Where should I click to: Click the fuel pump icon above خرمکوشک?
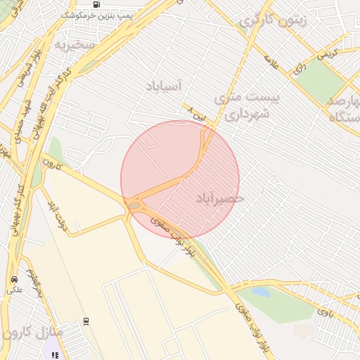(96, 4)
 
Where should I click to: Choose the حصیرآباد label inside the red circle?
(219, 199)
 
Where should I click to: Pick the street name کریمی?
(326, 53)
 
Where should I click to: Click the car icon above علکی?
(14, 279)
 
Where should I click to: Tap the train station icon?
(86, 321)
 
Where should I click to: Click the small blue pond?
(261, 291)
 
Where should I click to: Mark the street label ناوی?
(324, 310)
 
